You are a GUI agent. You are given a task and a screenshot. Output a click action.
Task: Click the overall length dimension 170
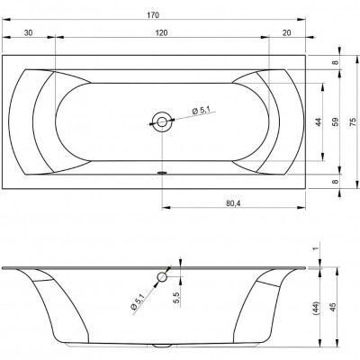tap(153, 15)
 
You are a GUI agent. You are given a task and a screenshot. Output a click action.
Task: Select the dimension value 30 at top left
tap(28, 32)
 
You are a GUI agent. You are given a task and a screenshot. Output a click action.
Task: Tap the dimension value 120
tap(161, 32)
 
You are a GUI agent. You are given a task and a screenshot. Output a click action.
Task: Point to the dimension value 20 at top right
tap(287, 32)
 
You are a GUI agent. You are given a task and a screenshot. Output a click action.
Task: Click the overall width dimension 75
tap(354, 121)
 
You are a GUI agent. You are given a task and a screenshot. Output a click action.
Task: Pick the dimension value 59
tap(336, 121)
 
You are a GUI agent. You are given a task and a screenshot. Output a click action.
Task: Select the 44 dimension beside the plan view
tap(319, 121)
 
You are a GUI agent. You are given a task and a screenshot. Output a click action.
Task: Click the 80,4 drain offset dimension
tap(233, 203)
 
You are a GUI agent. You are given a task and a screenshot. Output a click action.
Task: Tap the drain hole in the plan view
tap(162, 121)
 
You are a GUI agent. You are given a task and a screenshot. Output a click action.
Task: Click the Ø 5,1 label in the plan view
tap(201, 111)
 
